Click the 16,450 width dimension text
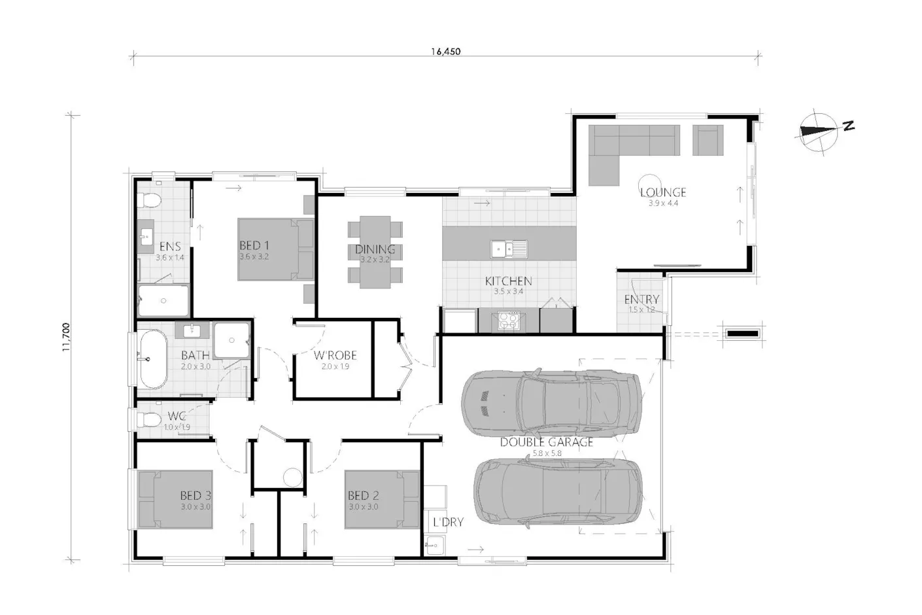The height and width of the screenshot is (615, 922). [x=446, y=52]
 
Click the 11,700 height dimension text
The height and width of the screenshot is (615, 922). [x=66, y=337]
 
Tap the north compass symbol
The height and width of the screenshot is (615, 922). [x=819, y=132]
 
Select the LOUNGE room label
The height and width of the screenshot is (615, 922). [x=662, y=192]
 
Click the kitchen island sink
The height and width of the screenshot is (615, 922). [x=509, y=249]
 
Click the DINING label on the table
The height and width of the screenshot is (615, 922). [x=375, y=249]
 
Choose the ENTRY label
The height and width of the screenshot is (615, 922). [x=641, y=299]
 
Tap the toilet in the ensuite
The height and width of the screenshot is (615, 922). [x=149, y=200]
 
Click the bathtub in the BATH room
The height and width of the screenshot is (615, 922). [x=152, y=359]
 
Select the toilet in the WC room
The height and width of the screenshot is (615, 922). [x=148, y=420]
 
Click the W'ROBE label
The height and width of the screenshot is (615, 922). [x=335, y=355]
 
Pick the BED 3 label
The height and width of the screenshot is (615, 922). [x=196, y=495]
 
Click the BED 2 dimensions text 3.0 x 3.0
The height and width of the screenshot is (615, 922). [x=364, y=506]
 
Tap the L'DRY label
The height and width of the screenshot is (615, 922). [x=448, y=522]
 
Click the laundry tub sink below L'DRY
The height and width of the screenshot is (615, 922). [x=434, y=545]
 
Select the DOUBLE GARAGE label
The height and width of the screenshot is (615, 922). [x=546, y=442]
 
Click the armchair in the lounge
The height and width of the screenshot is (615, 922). [x=708, y=141]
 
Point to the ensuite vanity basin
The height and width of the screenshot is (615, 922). [x=145, y=236]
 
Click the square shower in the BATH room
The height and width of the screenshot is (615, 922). [x=231, y=340]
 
